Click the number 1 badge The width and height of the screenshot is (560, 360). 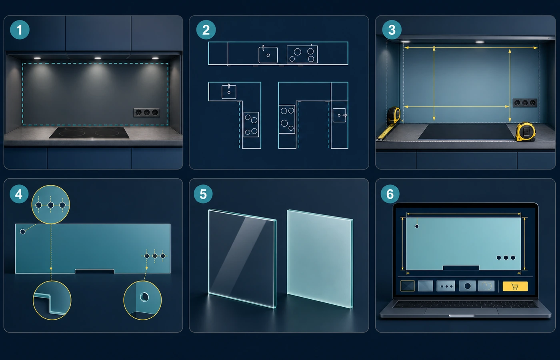point(20,30)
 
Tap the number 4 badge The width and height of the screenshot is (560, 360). point(19,194)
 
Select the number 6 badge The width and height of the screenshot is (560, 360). point(390,194)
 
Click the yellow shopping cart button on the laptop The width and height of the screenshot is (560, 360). point(515,286)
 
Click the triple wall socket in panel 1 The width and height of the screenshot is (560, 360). point(146,112)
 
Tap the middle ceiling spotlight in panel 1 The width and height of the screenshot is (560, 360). point(98,58)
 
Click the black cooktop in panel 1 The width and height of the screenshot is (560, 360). point(89,132)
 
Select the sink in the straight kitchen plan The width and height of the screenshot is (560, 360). point(268,54)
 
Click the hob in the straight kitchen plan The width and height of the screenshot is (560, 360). point(302,54)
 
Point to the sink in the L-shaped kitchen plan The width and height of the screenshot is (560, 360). point(229,92)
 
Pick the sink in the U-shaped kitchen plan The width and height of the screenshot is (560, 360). point(340,115)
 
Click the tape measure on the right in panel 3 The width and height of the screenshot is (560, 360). point(526,132)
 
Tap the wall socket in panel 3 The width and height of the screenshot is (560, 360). point(525,103)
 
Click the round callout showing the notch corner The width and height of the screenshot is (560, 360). point(52,300)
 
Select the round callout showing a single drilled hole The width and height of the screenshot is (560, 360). point(142,300)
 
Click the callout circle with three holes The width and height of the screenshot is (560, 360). point(50,204)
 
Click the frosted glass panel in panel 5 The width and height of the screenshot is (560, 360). point(320,259)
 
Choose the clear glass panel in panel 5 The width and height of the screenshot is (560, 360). point(242,259)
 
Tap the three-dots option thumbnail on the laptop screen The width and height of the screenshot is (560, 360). point(446,286)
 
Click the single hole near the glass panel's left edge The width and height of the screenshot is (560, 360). point(22,232)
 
